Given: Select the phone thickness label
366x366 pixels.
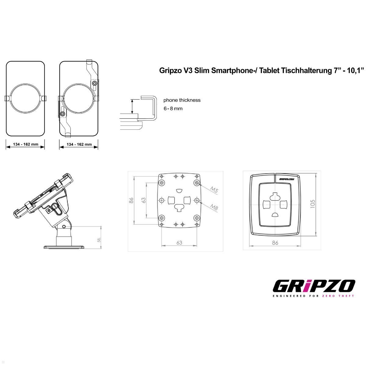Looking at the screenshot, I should (182, 100).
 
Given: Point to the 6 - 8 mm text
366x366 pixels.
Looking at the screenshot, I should (173, 109).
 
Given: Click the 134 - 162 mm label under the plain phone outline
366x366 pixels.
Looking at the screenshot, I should (26, 144).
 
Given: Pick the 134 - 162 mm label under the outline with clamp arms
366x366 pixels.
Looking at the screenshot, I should (79, 144).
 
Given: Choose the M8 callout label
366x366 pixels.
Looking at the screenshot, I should (215, 207).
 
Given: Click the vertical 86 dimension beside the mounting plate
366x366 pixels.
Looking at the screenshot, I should (131, 200).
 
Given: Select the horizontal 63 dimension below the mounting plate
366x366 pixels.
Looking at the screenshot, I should (179, 243).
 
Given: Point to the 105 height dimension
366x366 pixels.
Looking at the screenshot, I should (312, 204).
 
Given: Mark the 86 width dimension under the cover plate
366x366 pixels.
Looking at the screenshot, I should (275, 243).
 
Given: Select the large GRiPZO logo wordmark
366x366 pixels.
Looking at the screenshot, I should (314, 286).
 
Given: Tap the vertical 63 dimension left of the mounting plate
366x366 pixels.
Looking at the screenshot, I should (143, 200).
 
